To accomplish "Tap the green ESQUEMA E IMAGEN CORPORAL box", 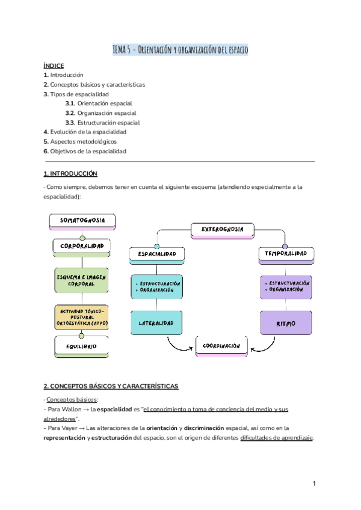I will pos(81,280).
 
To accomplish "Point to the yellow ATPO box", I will pos(81,317).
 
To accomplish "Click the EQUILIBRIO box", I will pos(81,346).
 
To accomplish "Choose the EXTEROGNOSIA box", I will pos(222,229).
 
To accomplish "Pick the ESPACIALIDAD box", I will pos(157,254).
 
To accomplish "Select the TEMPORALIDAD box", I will pos(286,254).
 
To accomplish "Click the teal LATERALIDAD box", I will pos(157,323).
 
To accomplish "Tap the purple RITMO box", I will pos(286,323).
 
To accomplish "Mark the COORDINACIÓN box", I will pos(222,346).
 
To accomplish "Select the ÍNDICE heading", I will pos(54,66).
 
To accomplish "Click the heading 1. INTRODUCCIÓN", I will pos(70,173).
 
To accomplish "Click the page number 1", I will pos(314,484).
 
